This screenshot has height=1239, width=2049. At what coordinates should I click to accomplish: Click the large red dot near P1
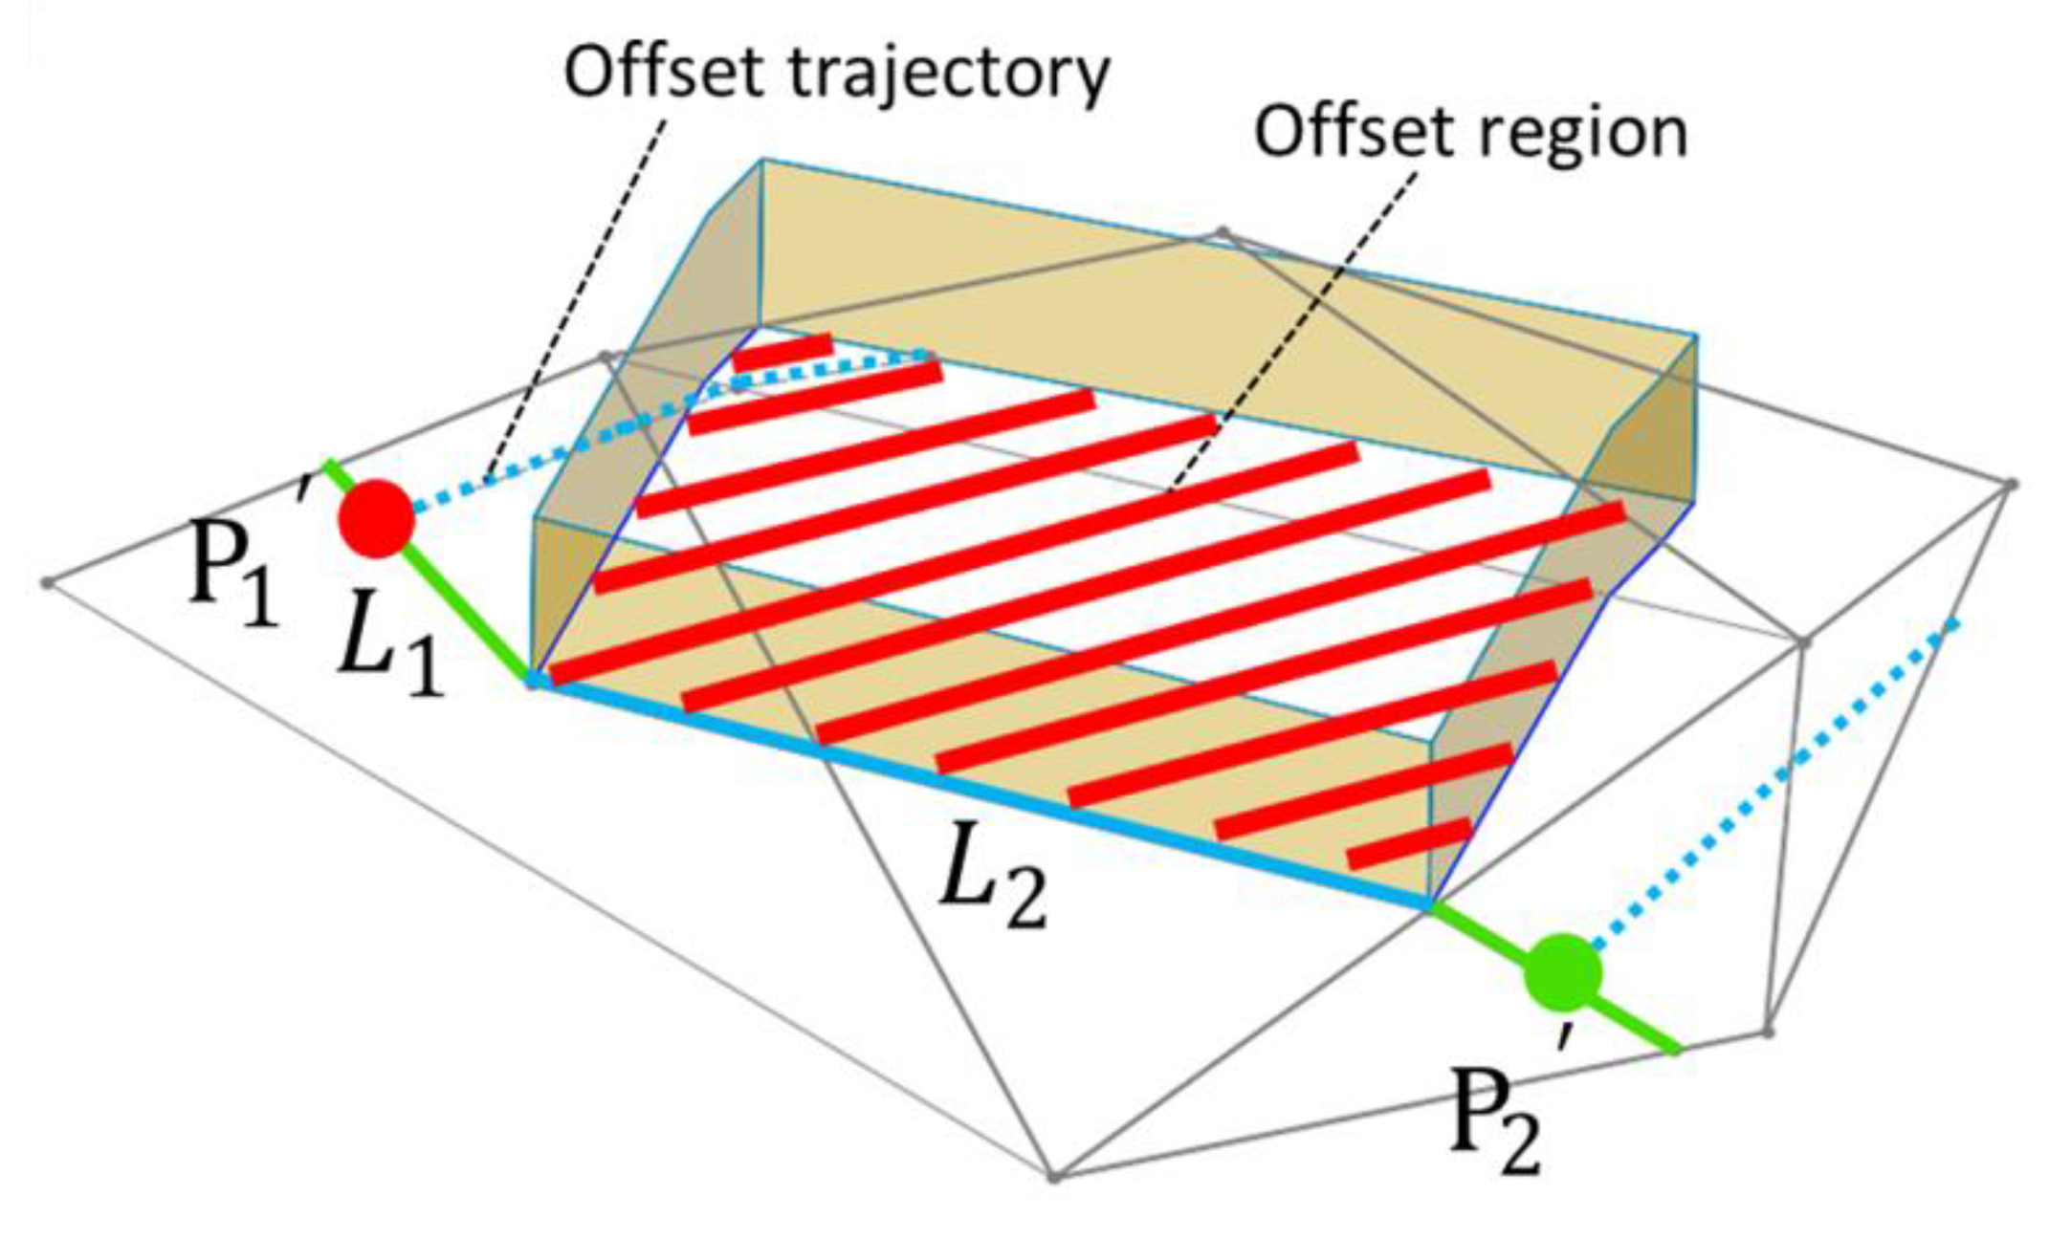376,518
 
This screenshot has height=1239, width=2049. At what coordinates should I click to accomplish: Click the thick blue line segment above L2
976,790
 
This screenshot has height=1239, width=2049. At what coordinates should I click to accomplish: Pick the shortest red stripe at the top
782,352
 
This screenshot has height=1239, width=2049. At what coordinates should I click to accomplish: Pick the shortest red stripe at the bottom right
1408,843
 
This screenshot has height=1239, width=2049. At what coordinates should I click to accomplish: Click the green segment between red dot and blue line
469,612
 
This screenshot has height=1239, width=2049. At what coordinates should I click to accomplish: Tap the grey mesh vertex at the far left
47,582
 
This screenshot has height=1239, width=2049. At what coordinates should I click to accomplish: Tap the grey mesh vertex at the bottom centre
1053,1176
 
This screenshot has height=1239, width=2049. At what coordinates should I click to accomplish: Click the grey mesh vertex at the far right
2012,485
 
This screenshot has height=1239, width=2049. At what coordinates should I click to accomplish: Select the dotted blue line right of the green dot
1770,784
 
